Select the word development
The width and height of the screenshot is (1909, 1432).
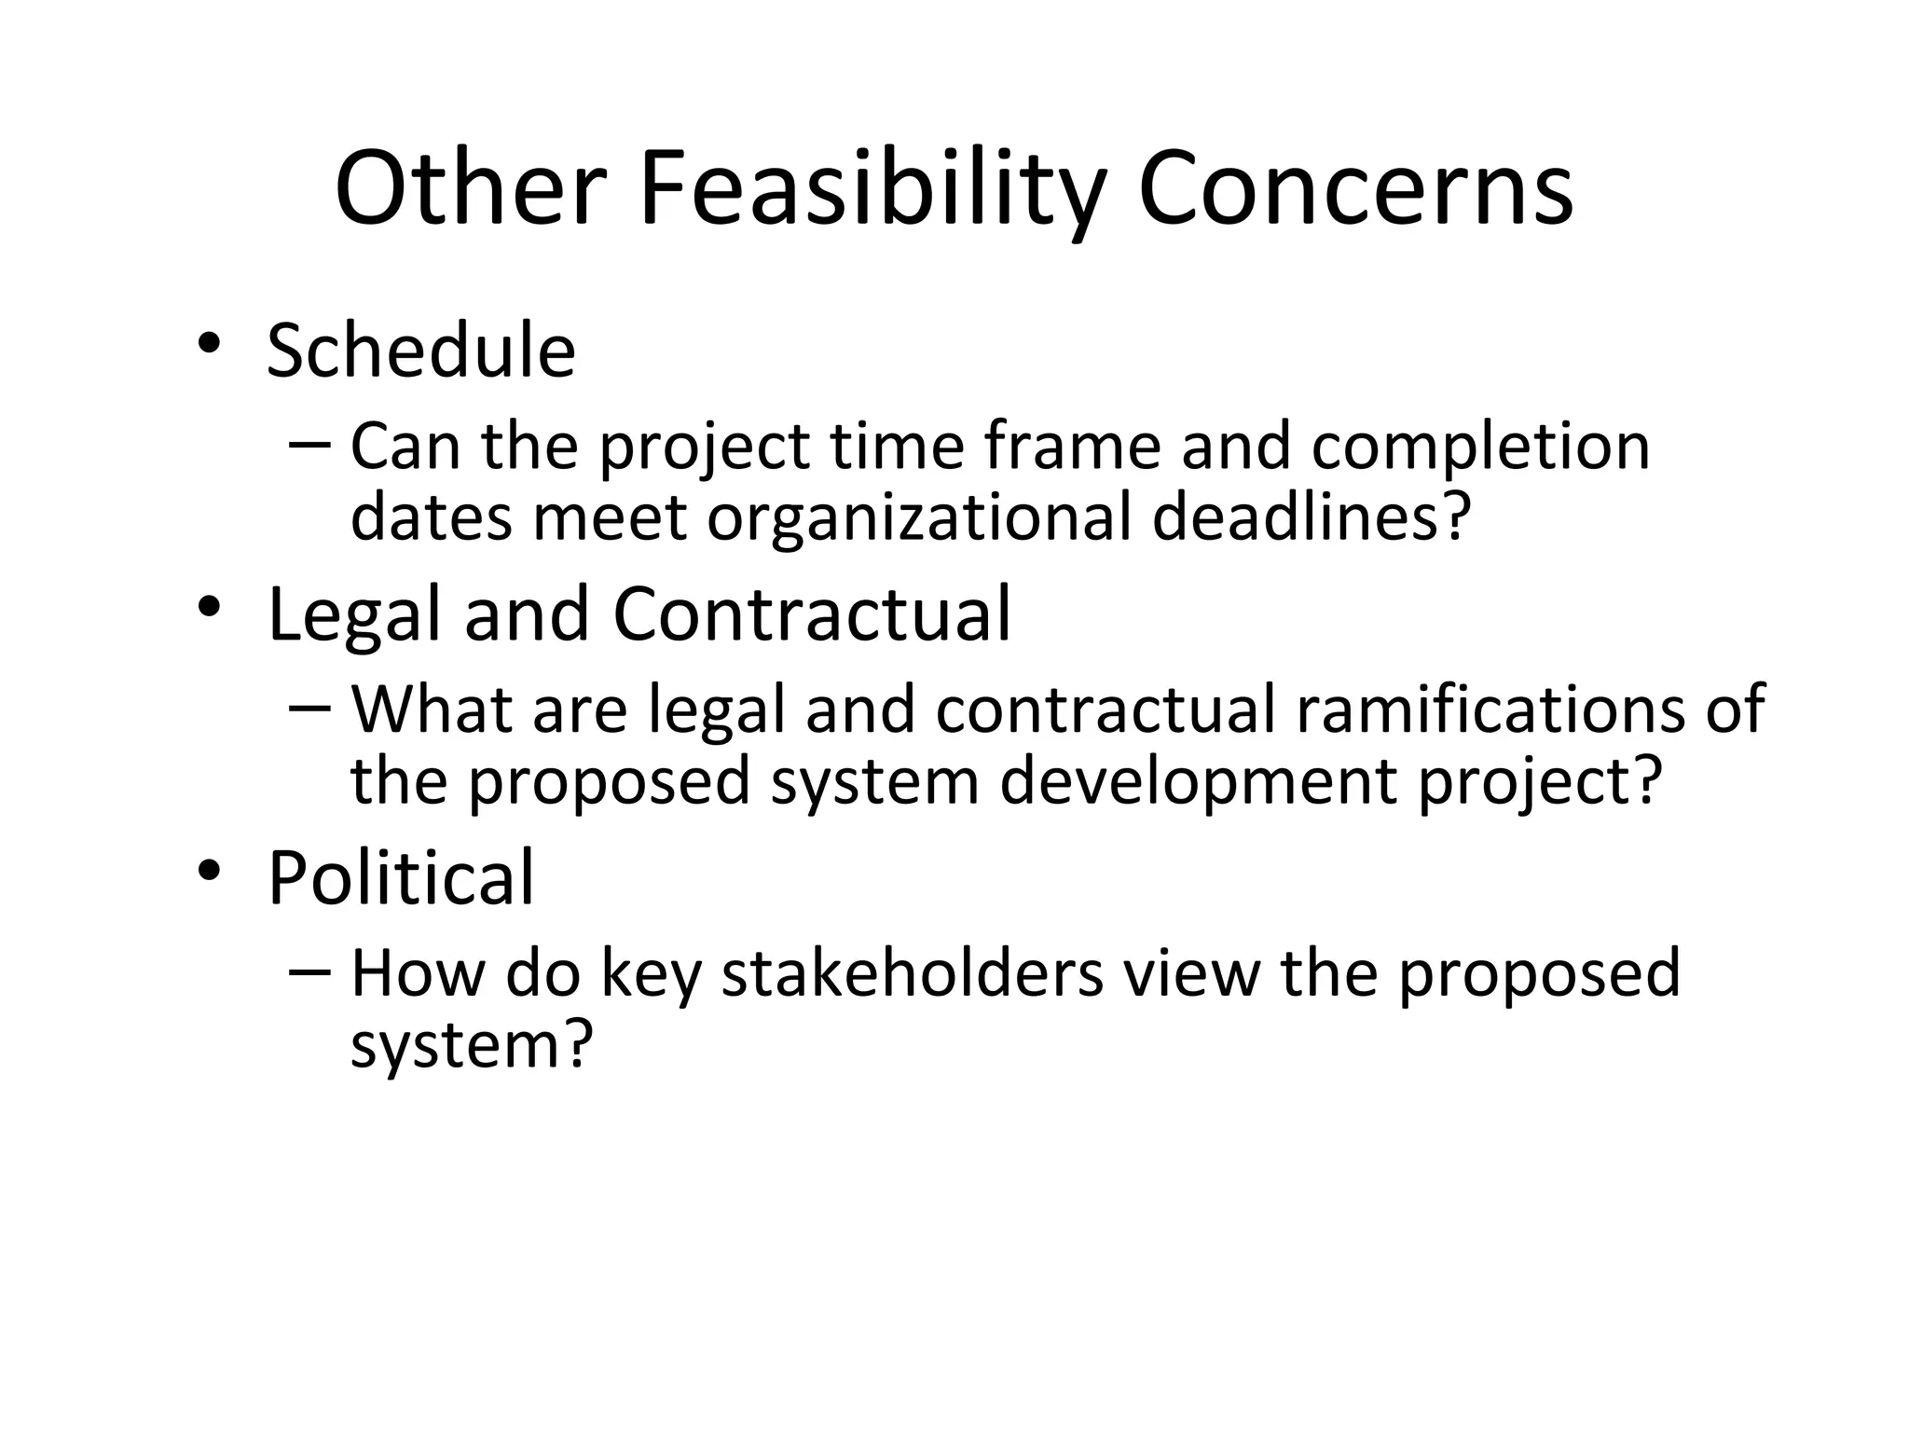(x=1202, y=781)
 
